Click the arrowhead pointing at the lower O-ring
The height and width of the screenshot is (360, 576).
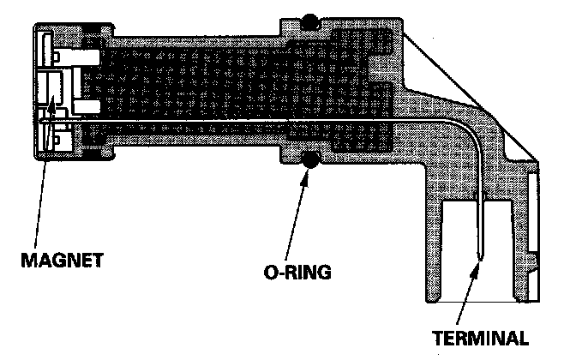click(x=307, y=171)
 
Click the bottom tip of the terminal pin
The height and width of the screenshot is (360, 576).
click(x=482, y=257)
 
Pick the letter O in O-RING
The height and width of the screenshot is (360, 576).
click(x=270, y=273)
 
